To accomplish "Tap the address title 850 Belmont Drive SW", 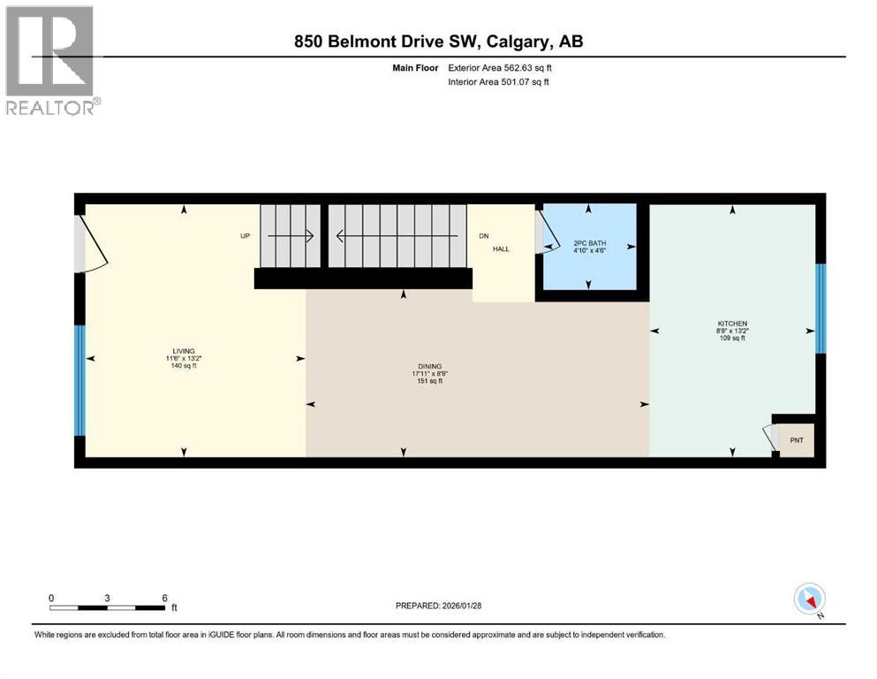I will click(x=438, y=42).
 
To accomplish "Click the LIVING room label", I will click(x=185, y=351).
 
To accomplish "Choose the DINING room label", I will click(x=430, y=367).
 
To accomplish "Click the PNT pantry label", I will click(x=797, y=439).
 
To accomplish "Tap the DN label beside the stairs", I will click(x=483, y=236).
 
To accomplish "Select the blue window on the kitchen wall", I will click(x=820, y=309).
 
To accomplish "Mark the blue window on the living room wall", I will click(x=79, y=380).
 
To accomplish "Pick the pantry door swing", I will click(x=768, y=437).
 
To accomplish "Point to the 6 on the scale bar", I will click(x=165, y=598).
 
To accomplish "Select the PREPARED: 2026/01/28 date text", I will click(x=438, y=606).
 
